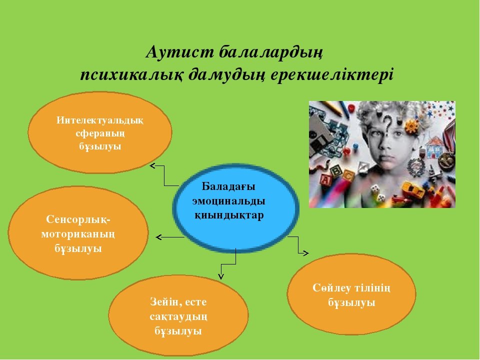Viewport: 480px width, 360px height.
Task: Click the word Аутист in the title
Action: point(179,51)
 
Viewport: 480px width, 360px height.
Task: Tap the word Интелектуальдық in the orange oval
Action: point(100,120)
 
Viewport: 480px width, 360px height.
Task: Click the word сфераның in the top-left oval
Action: point(100,133)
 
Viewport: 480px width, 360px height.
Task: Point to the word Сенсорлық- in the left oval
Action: point(78,219)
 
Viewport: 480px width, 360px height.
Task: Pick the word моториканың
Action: point(78,234)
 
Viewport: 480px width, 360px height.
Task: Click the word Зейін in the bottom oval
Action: point(164,302)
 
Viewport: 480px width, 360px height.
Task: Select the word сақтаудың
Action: point(178,316)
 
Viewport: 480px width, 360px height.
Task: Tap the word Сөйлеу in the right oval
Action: point(331,288)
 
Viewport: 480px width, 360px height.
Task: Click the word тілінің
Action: point(372,288)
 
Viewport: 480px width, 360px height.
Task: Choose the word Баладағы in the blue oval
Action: point(228,186)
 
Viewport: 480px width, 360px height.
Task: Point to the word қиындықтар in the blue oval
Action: point(229,215)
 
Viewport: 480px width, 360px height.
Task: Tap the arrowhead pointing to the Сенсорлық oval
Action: point(158,237)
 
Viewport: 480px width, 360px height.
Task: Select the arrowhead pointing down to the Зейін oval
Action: point(221,276)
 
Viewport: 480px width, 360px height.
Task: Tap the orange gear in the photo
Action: point(411,126)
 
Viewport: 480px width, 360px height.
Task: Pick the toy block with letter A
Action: point(325,180)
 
